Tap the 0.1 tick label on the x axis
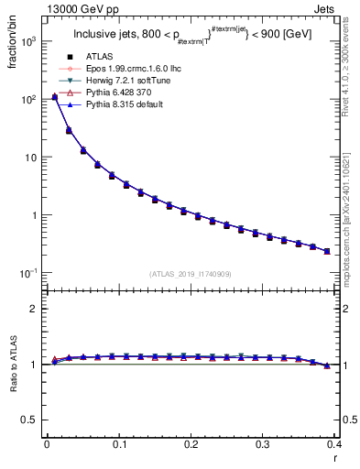click(118, 444)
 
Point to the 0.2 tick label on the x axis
click(191, 444)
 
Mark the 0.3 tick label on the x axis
click(262, 444)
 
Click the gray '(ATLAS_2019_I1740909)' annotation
click(190, 274)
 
